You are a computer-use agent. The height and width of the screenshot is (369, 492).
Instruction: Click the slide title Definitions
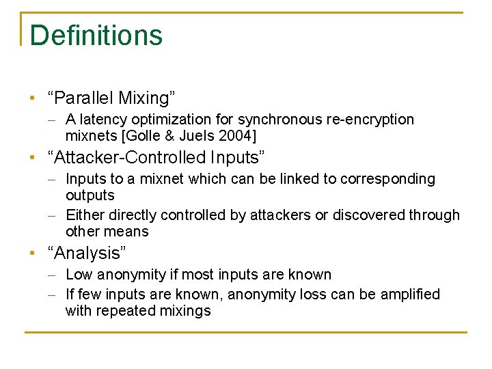click(96, 36)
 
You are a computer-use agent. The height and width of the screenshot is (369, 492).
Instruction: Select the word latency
click(101, 120)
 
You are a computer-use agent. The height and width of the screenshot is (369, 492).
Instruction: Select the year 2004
click(234, 135)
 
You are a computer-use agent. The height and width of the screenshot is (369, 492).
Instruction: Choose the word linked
click(297, 179)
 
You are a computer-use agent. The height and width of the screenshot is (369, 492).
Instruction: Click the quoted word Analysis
click(87, 254)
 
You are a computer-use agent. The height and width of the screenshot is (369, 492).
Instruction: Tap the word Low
click(79, 275)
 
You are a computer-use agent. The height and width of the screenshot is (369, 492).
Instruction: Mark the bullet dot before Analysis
click(33, 254)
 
